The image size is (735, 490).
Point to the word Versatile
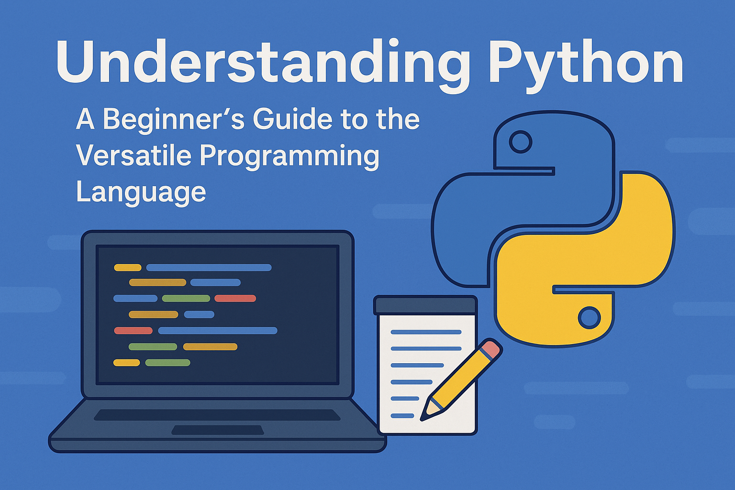tap(133, 156)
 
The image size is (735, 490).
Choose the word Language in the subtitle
tap(141, 192)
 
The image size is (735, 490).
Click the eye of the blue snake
tap(520, 142)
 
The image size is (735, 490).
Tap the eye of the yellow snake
tap(589, 317)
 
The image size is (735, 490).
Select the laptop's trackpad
tap(218, 430)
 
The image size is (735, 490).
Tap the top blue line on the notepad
tap(426, 332)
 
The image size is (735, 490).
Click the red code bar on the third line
tap(235, 299)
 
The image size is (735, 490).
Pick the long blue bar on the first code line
tap(209, 267)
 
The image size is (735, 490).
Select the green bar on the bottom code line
tap(167, 363)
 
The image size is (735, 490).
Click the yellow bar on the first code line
tap(128, 267)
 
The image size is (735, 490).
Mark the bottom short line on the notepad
tap(402, 415)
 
